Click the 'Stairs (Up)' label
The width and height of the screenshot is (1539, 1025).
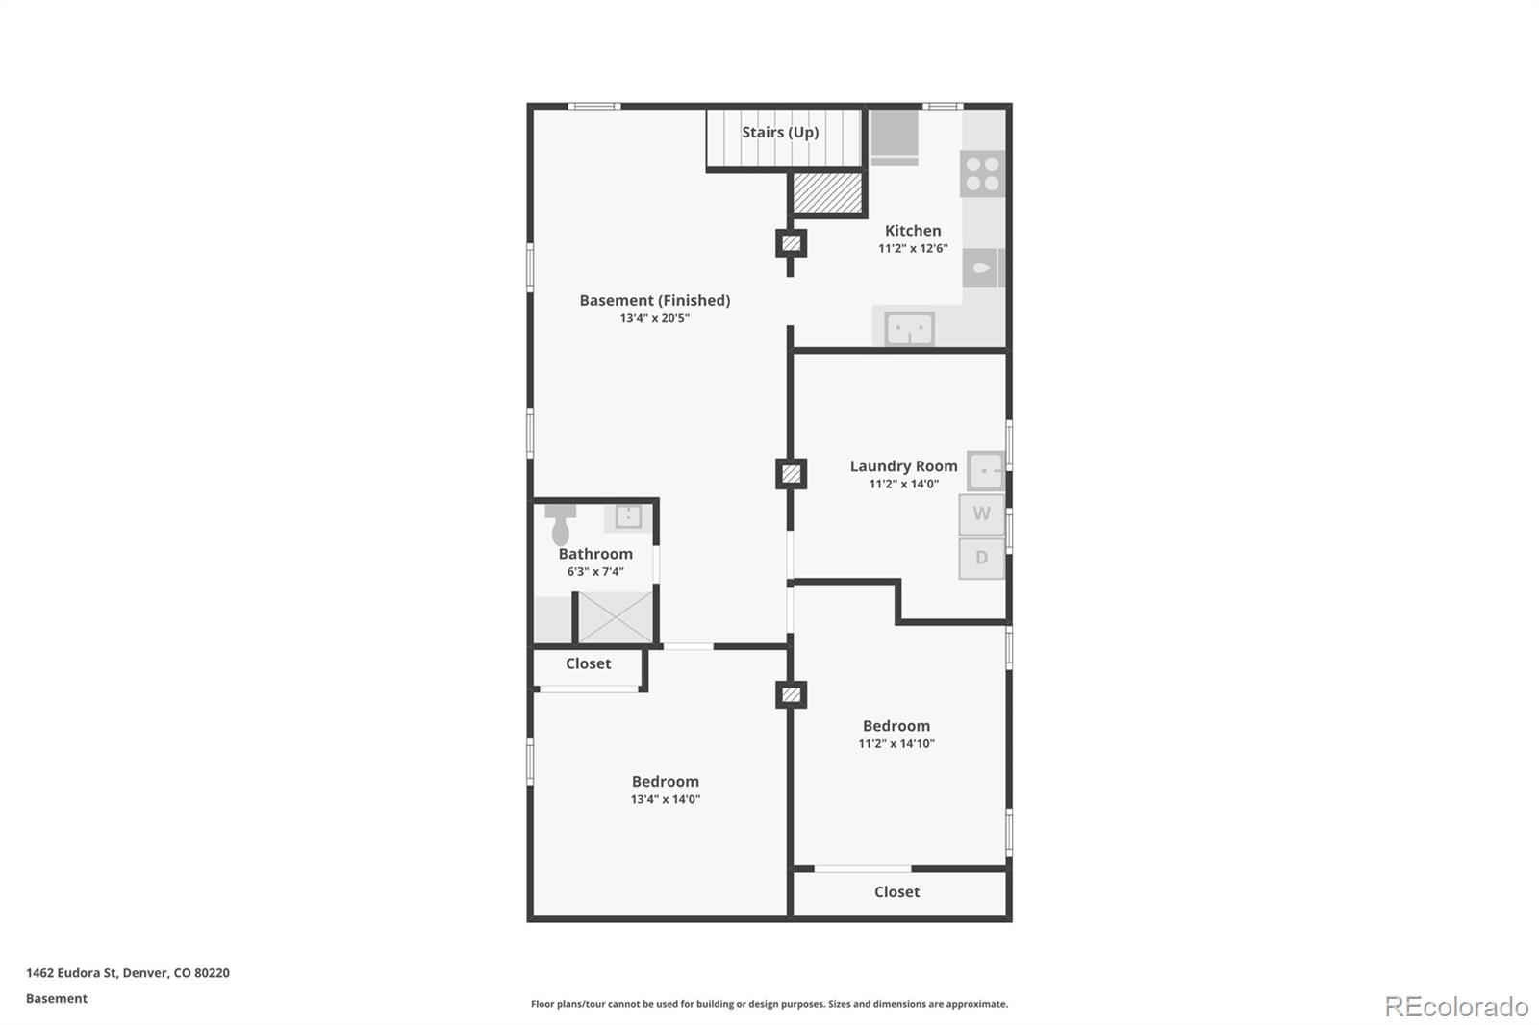780,132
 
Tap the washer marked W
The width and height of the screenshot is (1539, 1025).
981,513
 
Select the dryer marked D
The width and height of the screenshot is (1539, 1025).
981,558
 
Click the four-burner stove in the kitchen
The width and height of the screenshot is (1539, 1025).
982,174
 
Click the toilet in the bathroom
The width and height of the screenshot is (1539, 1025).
560,524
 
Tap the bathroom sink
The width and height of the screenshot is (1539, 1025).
628,516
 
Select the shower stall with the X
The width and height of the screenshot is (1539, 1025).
615,616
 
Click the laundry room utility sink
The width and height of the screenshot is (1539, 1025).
986,471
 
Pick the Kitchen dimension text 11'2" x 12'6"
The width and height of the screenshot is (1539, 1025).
913,248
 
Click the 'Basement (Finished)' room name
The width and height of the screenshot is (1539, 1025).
654,300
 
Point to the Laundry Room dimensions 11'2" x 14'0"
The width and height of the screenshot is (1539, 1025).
903,484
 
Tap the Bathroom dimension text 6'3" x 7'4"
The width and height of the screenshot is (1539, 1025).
595,571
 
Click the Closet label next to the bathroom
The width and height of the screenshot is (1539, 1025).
588,663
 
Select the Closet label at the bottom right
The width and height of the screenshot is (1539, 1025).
896,891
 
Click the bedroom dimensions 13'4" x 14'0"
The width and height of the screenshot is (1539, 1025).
665,799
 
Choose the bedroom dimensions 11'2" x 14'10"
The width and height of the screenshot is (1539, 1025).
896,743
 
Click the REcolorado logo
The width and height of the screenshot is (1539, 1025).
1456,1006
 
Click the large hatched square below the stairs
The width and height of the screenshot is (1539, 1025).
827,193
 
